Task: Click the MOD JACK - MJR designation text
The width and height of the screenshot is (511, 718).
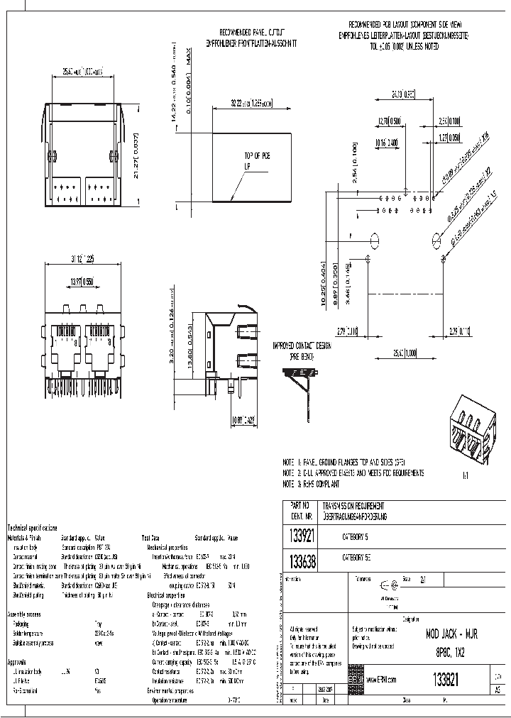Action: click(x=451, y=634)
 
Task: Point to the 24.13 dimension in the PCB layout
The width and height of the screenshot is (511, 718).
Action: click(x=402, y=94)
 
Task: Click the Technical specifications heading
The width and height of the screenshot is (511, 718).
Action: click(x=33, y=528)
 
